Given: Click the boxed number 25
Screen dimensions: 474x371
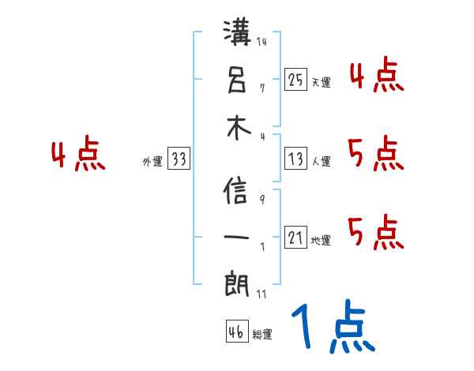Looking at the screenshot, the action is [x=295, y=79].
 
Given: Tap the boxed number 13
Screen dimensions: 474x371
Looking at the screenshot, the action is [x=295, y=159].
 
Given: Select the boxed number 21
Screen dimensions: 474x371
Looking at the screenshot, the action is [x=295, y=238].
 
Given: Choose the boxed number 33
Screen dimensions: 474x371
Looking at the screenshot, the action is [x=179, y=159].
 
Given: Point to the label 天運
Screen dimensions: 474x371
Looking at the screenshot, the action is [x=321, y=82].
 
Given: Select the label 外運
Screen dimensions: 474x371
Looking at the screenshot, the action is [x=152, y=162].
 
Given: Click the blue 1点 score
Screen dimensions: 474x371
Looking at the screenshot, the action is [x=331, y=328].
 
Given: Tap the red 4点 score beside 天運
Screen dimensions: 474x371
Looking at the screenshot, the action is [x=376, y=76].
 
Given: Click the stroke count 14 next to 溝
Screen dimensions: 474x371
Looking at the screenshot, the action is [x=262, y=42].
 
